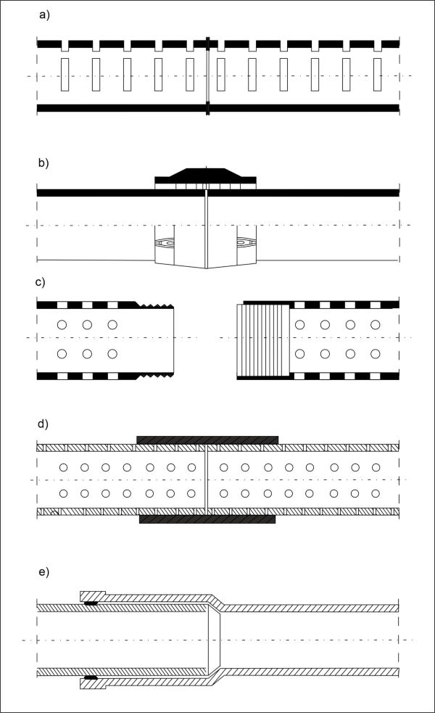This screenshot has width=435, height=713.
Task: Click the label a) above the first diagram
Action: point(44,15)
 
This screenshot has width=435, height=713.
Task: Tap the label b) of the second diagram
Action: point(43,162)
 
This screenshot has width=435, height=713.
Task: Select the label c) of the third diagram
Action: point(40,282)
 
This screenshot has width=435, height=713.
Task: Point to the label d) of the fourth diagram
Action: point(43,424)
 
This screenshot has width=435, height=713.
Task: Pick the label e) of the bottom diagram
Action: point(43,572)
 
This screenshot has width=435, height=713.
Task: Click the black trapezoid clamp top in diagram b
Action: point(205,173)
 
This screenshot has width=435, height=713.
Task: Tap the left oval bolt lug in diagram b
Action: point(166,243)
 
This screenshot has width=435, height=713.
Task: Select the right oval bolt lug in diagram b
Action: point(246,243)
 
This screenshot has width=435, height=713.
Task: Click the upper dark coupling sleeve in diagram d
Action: point(207,440)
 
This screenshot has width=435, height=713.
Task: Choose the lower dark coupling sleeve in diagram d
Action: point(207,519)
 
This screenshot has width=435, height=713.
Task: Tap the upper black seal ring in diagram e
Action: point(91,603)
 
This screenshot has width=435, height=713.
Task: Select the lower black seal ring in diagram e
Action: point(91,677)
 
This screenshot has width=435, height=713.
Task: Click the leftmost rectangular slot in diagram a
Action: point(65,75)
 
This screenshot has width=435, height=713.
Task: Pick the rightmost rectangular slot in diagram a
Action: point(377,75)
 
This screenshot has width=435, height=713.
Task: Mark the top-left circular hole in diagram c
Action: point(62,325)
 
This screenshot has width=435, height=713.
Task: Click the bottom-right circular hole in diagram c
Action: point(375,353)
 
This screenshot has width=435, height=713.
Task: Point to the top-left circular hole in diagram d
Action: point(64,467)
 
